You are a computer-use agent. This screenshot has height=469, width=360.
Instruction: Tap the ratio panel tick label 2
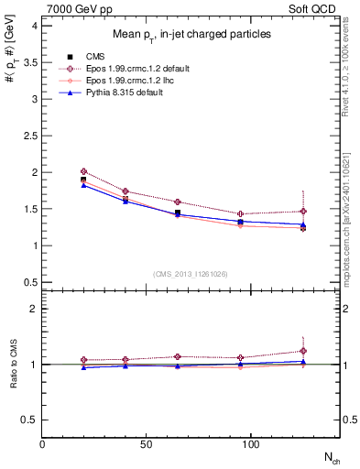click(x=34, y=309)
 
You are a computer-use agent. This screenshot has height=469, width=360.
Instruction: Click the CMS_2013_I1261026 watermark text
click(x=190, y=273)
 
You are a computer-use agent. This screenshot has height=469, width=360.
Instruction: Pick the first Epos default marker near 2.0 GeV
click(x=83, y=171)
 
